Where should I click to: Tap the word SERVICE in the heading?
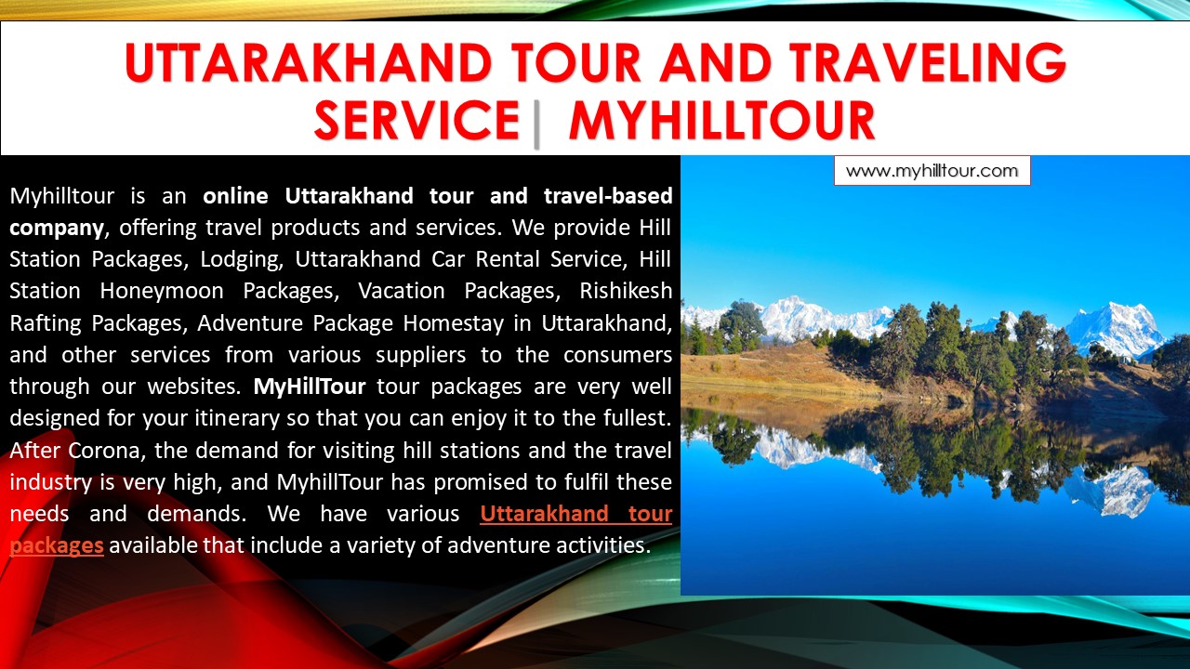coord(416,121)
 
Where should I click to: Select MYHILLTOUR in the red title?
coord(721,121)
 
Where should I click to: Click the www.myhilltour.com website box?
coord(932,171)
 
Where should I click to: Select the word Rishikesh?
coord(626,291)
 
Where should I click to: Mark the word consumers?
coord(614,355)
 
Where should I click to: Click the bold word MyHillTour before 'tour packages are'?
coord(311,387)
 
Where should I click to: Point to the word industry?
coord(51,481)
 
